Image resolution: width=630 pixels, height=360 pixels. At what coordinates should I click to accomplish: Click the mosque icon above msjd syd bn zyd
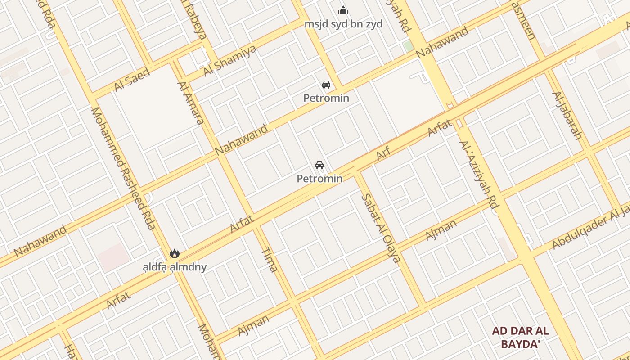pos(343,10)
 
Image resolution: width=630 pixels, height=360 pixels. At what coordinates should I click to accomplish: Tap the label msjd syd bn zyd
pos(343,24)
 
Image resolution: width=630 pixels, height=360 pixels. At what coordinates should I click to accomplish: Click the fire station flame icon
pos(175,254)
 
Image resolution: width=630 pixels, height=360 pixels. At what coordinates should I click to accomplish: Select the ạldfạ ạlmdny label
pos(175,267)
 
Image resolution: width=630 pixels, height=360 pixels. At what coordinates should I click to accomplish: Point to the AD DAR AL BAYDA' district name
pos(520,337)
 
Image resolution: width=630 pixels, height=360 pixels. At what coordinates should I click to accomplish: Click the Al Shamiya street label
pos(230,61)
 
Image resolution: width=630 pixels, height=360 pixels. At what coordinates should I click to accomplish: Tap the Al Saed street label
pos(132,80)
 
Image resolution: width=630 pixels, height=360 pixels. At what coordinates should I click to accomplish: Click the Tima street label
pos(269,260)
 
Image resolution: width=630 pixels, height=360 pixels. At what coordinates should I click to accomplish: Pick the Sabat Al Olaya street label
pos(381,228)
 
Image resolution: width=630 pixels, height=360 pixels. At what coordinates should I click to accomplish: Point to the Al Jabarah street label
pos(567,116)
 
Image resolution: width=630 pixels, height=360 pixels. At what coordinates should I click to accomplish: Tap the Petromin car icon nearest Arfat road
pos(319,165)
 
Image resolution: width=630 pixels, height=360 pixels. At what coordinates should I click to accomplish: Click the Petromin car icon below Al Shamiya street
pos(326,85)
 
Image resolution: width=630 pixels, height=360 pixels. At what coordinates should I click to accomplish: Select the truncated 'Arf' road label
pos(383,153)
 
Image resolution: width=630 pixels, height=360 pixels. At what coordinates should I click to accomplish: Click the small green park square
pos(409,46)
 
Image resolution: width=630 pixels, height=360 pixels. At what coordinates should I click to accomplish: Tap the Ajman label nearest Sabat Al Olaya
pos(441,229)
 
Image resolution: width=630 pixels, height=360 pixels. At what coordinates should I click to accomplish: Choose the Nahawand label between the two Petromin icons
pos(241,140)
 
